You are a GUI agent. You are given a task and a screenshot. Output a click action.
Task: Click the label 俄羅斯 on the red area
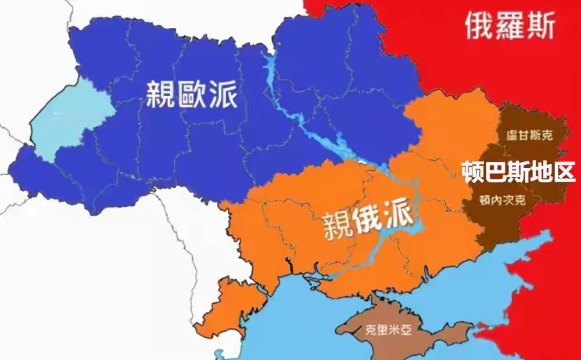click(510, 25)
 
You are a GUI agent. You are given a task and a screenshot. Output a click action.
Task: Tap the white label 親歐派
click(192, 93)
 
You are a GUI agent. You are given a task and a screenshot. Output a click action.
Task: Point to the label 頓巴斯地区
click(518, 172)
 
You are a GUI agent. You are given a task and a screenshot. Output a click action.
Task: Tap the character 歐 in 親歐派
click(192, 93)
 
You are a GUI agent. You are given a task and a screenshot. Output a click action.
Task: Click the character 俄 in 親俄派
click(370, 221)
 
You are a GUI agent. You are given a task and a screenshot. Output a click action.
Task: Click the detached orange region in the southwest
click(224, 308)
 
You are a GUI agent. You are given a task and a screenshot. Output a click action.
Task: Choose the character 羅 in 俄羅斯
click(510, 25)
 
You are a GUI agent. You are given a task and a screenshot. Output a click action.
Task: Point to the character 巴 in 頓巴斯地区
click(496, 172)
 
